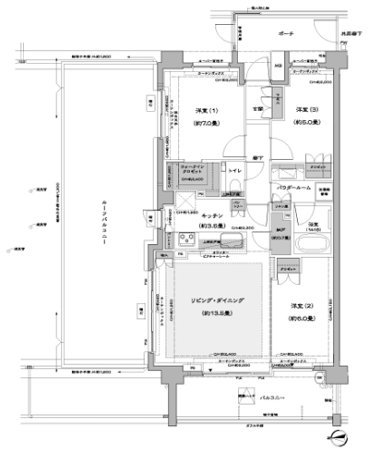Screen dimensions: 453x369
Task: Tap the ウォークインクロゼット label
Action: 194,170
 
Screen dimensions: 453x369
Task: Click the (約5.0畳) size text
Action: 307,122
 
